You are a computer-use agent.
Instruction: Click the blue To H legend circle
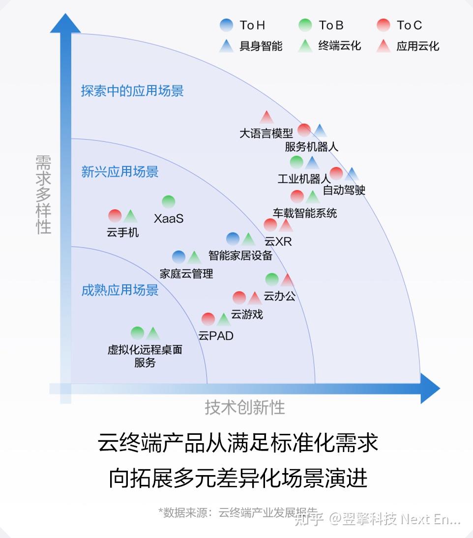[x=227, y=25]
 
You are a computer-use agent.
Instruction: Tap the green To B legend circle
[x=305, y=25]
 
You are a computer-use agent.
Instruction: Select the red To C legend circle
[x=384, y=25]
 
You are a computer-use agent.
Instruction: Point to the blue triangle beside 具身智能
[x=227, y=46]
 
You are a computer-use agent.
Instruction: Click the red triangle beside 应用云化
[x=384, y=46]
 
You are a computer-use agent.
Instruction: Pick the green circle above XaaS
[x=168, y=202]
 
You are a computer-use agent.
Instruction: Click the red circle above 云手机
[x=115, y=216]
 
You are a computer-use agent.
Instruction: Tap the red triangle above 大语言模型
[x=266, y=117]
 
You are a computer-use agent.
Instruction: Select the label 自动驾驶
[x=344, y=190]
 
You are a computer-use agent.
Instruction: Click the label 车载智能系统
[x=305, y=213]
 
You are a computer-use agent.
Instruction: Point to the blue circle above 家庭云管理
[x=178, y=256]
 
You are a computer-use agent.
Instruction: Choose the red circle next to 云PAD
[x=208, y=319]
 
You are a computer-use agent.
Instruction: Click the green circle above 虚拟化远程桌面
[x=137, y=333]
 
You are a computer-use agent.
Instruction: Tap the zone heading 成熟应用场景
[x=120, y=290]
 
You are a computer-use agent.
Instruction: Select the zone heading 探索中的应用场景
[x=132, y=91]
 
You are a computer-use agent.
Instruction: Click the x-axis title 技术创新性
[x=244, y=407]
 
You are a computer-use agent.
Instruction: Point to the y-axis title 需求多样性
[x=43, y=195]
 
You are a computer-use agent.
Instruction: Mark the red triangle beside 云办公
[x=287, y=280]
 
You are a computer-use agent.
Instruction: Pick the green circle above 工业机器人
[x=296, y=162]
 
